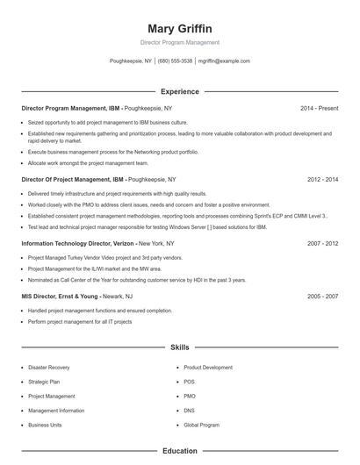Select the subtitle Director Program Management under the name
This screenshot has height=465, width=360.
pos(179,42)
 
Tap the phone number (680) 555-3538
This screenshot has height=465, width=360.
pos(175,61)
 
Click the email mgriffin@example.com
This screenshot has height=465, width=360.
pos(224,61)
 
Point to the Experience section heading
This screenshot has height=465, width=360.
pos(179,91)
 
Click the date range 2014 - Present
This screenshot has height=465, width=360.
pos(319,108)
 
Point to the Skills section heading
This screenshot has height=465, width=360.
pos(179,347)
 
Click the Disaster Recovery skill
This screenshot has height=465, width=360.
pos(49,368)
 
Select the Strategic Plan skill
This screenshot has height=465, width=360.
pos(44,382)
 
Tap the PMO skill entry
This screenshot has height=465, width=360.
pos(190,397)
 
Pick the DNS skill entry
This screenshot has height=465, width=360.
pos(190,411)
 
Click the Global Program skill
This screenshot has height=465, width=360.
pos(201,425)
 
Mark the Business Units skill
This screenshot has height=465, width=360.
pos(45,425)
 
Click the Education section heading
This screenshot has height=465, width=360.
pos(179,451)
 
